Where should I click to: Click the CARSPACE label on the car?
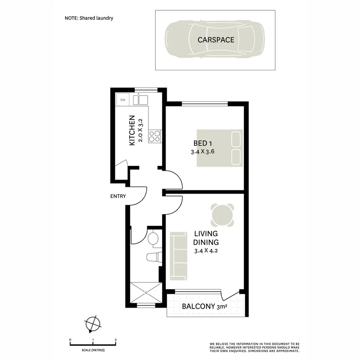[x=216, y=40]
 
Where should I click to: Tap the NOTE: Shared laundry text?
[x=89, y=18]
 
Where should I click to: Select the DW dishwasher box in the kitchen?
[x=123, y=100]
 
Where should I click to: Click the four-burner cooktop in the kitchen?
[x=154, y=136]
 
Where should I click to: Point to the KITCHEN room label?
[x=131, y=131]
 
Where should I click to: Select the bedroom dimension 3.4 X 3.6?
[x=206, y=152]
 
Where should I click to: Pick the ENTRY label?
[x=118, y=196]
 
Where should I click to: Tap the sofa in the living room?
[x=179, y=256]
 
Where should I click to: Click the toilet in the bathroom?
[x=153, y=257]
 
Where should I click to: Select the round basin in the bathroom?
[x=153, y=239]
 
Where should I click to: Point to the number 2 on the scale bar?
[x=115, y=340]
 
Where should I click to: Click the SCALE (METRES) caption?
[x=93, y=350]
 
